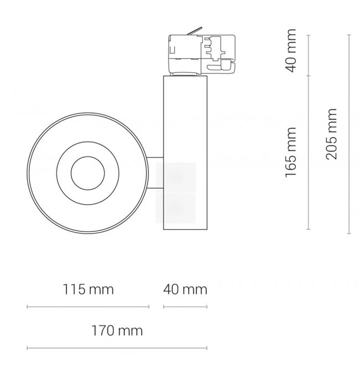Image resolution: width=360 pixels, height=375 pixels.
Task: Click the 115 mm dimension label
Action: click(88, 289)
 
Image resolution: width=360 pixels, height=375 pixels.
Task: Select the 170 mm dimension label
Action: click(117, 331)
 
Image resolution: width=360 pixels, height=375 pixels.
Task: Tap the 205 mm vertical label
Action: click(332, 134)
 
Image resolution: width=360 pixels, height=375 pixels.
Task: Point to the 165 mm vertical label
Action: click(291, 152)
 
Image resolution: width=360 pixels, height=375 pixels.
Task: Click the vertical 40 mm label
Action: click(291, 50)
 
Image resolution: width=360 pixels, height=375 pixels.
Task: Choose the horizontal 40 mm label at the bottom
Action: click(185, 289)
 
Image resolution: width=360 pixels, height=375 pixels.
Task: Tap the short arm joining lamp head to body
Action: click(155, 173)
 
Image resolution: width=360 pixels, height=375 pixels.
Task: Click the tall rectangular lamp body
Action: click(185, 152)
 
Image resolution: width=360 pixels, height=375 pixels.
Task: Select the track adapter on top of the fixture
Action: click(202, 54)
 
